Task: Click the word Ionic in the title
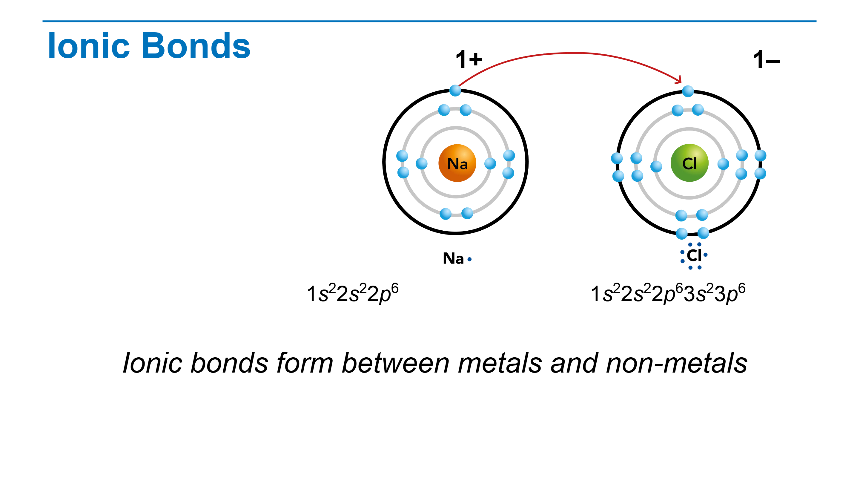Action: point(89,46)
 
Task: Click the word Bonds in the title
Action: point(196,46)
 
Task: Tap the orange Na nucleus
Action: point(457,163)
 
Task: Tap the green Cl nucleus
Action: point(689,163)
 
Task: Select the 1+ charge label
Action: point(469,60)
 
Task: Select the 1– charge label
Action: point(767,60)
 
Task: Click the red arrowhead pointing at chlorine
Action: point(678,80)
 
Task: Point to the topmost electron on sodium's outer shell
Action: point(455,91)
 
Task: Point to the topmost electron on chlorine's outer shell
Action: point(688,91)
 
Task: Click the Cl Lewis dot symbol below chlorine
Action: point(694,256)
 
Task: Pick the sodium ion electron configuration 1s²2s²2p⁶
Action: point(353,294)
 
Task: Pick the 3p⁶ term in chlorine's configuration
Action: point(730,294)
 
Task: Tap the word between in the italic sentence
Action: point(396,363)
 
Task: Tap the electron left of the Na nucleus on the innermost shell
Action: point(422,164)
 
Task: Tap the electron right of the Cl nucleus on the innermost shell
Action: point(723,164)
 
